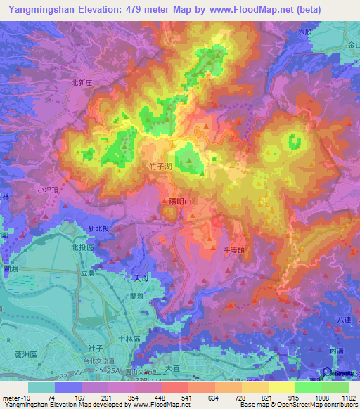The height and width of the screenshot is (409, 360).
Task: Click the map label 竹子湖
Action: click(161, 167)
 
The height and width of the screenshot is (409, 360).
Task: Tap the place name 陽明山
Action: click(180, 201)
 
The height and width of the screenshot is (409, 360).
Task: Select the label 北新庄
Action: click(83, 82)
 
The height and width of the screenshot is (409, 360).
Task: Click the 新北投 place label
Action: click(101, 229)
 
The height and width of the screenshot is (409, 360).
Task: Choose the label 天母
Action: click(141, 278)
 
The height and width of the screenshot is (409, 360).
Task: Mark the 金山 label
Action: click(352, 44)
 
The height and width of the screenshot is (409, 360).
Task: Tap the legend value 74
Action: click(51, 397)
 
